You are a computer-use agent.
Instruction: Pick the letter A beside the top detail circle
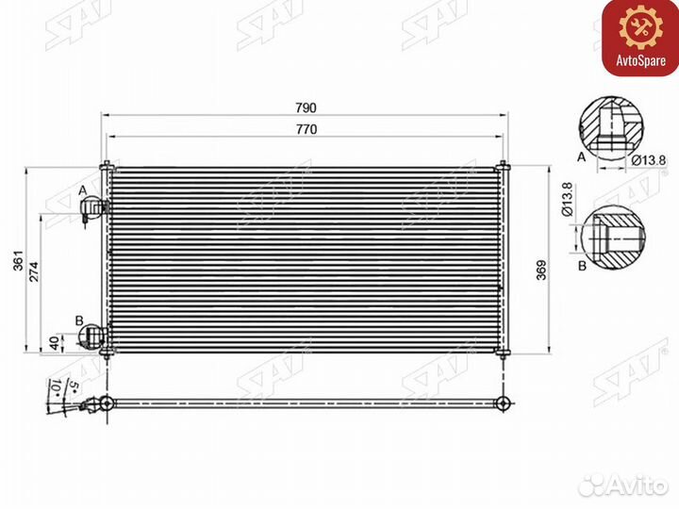click(582, 158)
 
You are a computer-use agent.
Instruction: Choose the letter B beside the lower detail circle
click(582, 266)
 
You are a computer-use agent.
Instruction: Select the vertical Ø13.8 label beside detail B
click(567, 199)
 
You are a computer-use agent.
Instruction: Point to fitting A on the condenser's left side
click(98, 209)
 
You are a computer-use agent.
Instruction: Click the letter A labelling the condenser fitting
click(83, 191)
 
